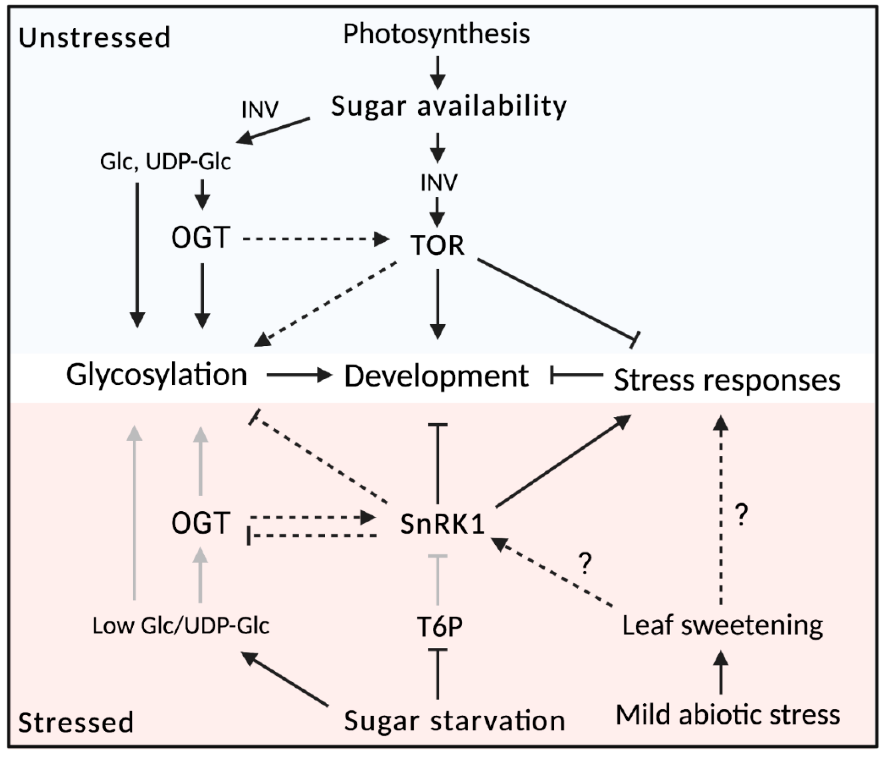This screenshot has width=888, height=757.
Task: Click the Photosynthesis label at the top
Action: [x=436, y=34]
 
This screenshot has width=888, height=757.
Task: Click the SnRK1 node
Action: [x=442, y=523]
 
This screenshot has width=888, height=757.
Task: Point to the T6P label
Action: [x=439, y=626]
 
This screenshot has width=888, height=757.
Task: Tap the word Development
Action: [x=436, y=376]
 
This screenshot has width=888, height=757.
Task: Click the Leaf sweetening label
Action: [x=722, y=626]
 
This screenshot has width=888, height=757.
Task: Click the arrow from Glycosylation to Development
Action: [x=299, y=376]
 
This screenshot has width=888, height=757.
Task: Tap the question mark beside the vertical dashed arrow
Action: [x=741, y=515]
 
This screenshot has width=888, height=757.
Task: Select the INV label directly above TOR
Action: [x=438, y=182]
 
